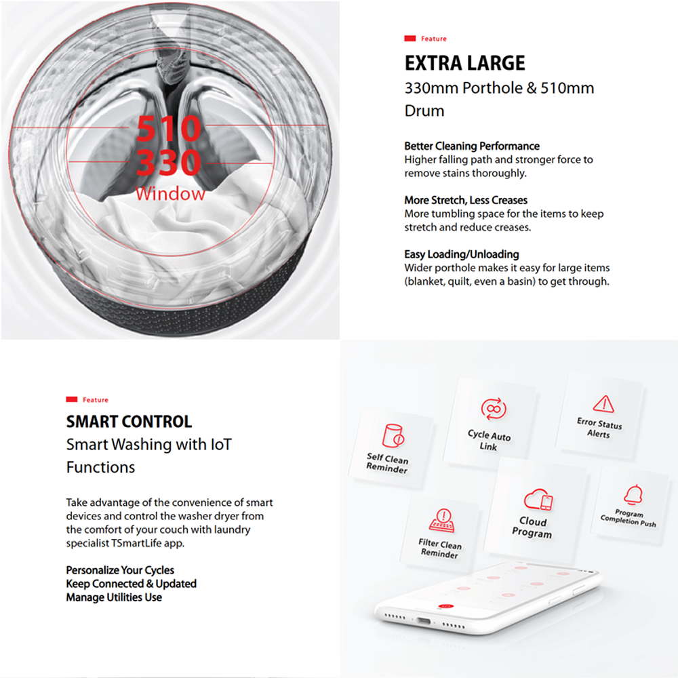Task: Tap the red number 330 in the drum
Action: click(x=169, y=163)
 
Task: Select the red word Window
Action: click(x=169, y=194)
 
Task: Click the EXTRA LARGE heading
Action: click(x=464, y=64)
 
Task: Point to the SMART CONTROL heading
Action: click(x=129, y=422)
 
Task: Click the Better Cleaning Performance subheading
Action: click(x=472, y=146)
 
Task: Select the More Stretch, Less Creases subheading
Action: click(x=466, y=200)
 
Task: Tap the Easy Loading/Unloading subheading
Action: click(x=462, y=254)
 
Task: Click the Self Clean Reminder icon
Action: click(x=393, y=435)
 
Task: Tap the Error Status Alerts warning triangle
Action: click(x=603, y=404)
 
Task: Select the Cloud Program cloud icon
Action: click(x=538, y=501)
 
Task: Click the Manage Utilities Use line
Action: click(x=114, y=597)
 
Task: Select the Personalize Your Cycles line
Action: click(x=120, y=570)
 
